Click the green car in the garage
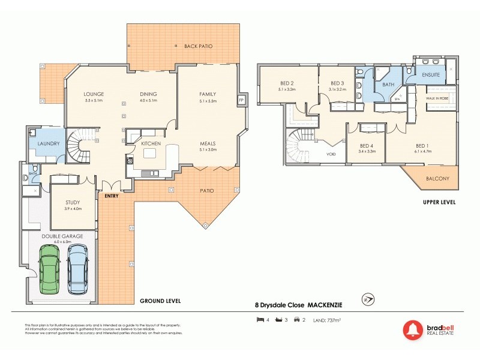coord(49,269)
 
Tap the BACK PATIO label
coord(198,46)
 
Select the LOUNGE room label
coord(94,94)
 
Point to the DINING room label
coord(148,94)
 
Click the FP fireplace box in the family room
coord(241,100)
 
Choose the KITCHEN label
coord(151,144)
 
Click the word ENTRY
coord(111,196)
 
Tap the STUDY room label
coord(73,202)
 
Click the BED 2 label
coord(287,83)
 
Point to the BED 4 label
coord(367,145)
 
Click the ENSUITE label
coord(431,75)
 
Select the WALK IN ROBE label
coord(437,98)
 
